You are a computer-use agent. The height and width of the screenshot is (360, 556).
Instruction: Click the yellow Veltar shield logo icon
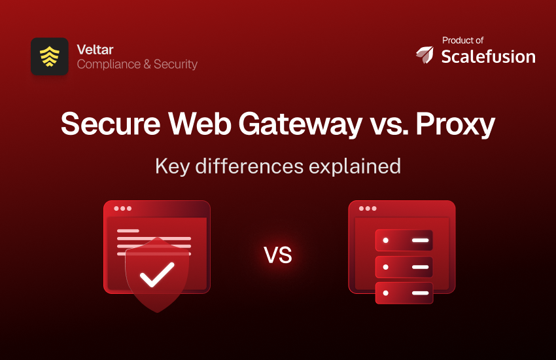point(49,56)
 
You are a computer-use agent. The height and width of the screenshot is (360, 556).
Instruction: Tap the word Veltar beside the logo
point(95,50)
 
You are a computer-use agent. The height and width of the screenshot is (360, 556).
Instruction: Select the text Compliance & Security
point(137,64)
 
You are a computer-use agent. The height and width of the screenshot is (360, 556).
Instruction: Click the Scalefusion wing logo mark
point(425,54)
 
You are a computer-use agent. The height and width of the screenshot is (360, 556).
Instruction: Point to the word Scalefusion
point(488,56)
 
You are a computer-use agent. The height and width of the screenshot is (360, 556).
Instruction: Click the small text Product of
point(462,41)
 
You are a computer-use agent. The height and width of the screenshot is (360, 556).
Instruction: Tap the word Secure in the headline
point(111,124)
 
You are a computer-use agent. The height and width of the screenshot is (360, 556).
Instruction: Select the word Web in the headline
point(200,124)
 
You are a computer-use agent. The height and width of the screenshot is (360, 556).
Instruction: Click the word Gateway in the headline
point(300,124)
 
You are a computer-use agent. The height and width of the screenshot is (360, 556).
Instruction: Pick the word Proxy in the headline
point(455,124)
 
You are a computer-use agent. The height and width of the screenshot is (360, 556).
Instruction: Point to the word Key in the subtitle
point(172,166)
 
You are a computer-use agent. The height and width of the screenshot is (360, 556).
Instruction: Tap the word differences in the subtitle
point(249,166)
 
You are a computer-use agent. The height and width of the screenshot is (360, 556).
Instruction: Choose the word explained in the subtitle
point(355,166)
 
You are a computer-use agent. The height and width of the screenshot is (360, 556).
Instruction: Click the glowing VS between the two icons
point(278,255)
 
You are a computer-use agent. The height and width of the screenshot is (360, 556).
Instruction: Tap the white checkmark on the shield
point(157,274)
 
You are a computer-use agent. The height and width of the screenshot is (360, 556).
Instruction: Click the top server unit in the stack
point(404,240)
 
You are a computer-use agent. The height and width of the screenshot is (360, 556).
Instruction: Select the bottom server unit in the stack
point(404,293)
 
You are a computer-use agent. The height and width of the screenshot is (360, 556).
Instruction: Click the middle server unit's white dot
point(386,266)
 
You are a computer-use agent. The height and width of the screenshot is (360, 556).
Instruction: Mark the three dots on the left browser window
point(123,208)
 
